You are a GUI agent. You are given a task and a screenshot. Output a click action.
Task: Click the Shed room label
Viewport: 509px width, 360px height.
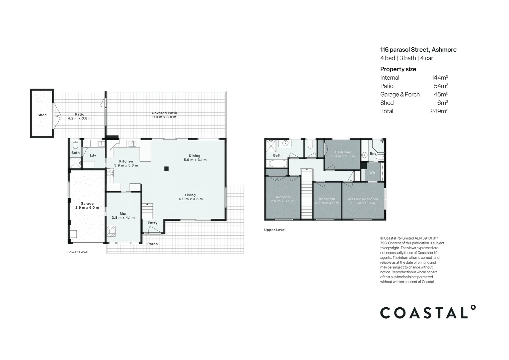(x=42, y=115)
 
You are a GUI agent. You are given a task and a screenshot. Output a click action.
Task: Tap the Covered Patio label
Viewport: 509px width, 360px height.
(x=164, y=113)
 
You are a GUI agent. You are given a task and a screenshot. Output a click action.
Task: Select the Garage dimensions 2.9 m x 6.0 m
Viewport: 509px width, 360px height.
(x=87, y=208)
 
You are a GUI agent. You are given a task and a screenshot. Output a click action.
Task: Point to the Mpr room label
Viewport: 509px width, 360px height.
(x=123, y=214)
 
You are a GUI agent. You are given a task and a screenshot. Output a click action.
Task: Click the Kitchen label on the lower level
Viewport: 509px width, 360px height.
(x=126, y=161)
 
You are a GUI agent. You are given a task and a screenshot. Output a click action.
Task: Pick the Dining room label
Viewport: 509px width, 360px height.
(x=195, y=156)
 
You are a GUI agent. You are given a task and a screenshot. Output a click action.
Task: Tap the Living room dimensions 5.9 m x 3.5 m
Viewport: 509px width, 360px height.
(x=191, y=199)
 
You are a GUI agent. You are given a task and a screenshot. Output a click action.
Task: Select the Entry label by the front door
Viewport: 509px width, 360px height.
(x=152, y=223)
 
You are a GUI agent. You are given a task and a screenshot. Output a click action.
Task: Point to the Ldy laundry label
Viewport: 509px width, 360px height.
(x=93, y=155)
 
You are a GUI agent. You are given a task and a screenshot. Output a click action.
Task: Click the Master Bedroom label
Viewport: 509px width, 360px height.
(x=363, y=199)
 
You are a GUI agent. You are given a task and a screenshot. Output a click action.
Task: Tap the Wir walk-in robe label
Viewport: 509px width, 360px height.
(x=372, y=173)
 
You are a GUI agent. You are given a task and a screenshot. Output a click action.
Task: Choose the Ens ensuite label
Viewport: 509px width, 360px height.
(x=373, y=154)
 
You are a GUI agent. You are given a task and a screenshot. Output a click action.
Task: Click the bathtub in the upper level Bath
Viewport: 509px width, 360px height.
(x=278, y=164)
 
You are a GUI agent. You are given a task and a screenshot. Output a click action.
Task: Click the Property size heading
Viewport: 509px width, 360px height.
(x=398, y=69)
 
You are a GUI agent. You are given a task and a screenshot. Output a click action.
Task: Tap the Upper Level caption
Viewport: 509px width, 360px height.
(x=274, y=230)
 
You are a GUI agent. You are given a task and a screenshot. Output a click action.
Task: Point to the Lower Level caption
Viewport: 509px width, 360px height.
(x=78, y=252)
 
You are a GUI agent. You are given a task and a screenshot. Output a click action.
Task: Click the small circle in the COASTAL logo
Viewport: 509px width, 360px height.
(x=473, y=307)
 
